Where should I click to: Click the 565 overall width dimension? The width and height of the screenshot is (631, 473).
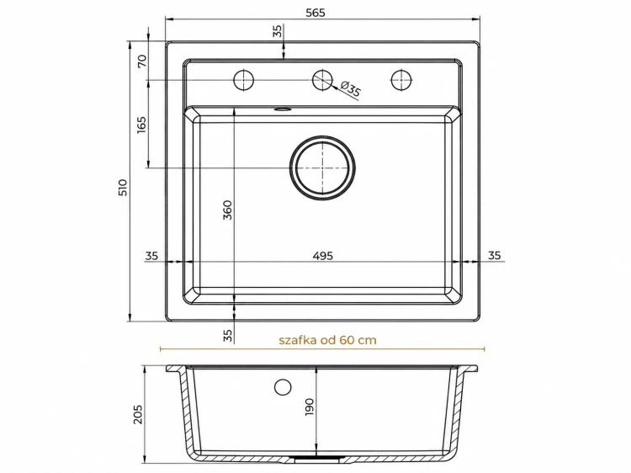click(x=315, y=13)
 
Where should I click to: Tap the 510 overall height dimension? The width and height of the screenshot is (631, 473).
click(x=122, y=187)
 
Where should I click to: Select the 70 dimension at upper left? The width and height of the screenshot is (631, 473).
click(x=142, y=61)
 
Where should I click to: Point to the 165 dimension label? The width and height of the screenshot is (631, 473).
click(x=141, y=125)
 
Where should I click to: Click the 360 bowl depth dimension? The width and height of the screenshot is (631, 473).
click(x=227, y=210)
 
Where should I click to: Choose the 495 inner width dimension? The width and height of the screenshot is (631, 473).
click(x=323, y=256)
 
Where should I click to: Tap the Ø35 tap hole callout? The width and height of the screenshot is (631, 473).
click(x=351, y=89)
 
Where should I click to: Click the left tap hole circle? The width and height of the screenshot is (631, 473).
click(x=243, y=80)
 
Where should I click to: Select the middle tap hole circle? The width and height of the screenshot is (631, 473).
click(x=322, y=80)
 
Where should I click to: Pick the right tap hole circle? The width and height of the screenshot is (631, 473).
click(x=401, y=80)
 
